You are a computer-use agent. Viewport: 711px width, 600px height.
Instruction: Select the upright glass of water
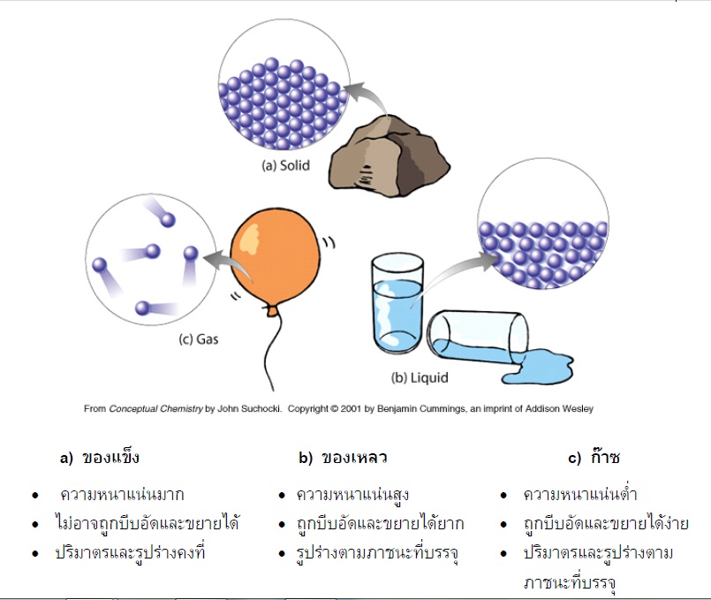point(397,305)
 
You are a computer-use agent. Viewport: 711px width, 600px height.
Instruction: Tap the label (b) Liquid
point(420,378)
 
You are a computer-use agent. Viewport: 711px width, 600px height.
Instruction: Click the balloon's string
point(274,353)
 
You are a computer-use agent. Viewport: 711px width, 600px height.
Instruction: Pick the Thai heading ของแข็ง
point(110,458)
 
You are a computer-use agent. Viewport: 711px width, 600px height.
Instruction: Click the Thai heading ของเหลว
point(354,458)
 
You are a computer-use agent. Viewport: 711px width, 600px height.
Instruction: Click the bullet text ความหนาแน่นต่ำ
point(579,494)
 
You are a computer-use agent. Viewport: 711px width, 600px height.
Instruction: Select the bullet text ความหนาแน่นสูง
point(352,494)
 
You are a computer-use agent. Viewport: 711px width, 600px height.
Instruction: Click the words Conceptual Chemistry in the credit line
point(151,409)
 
